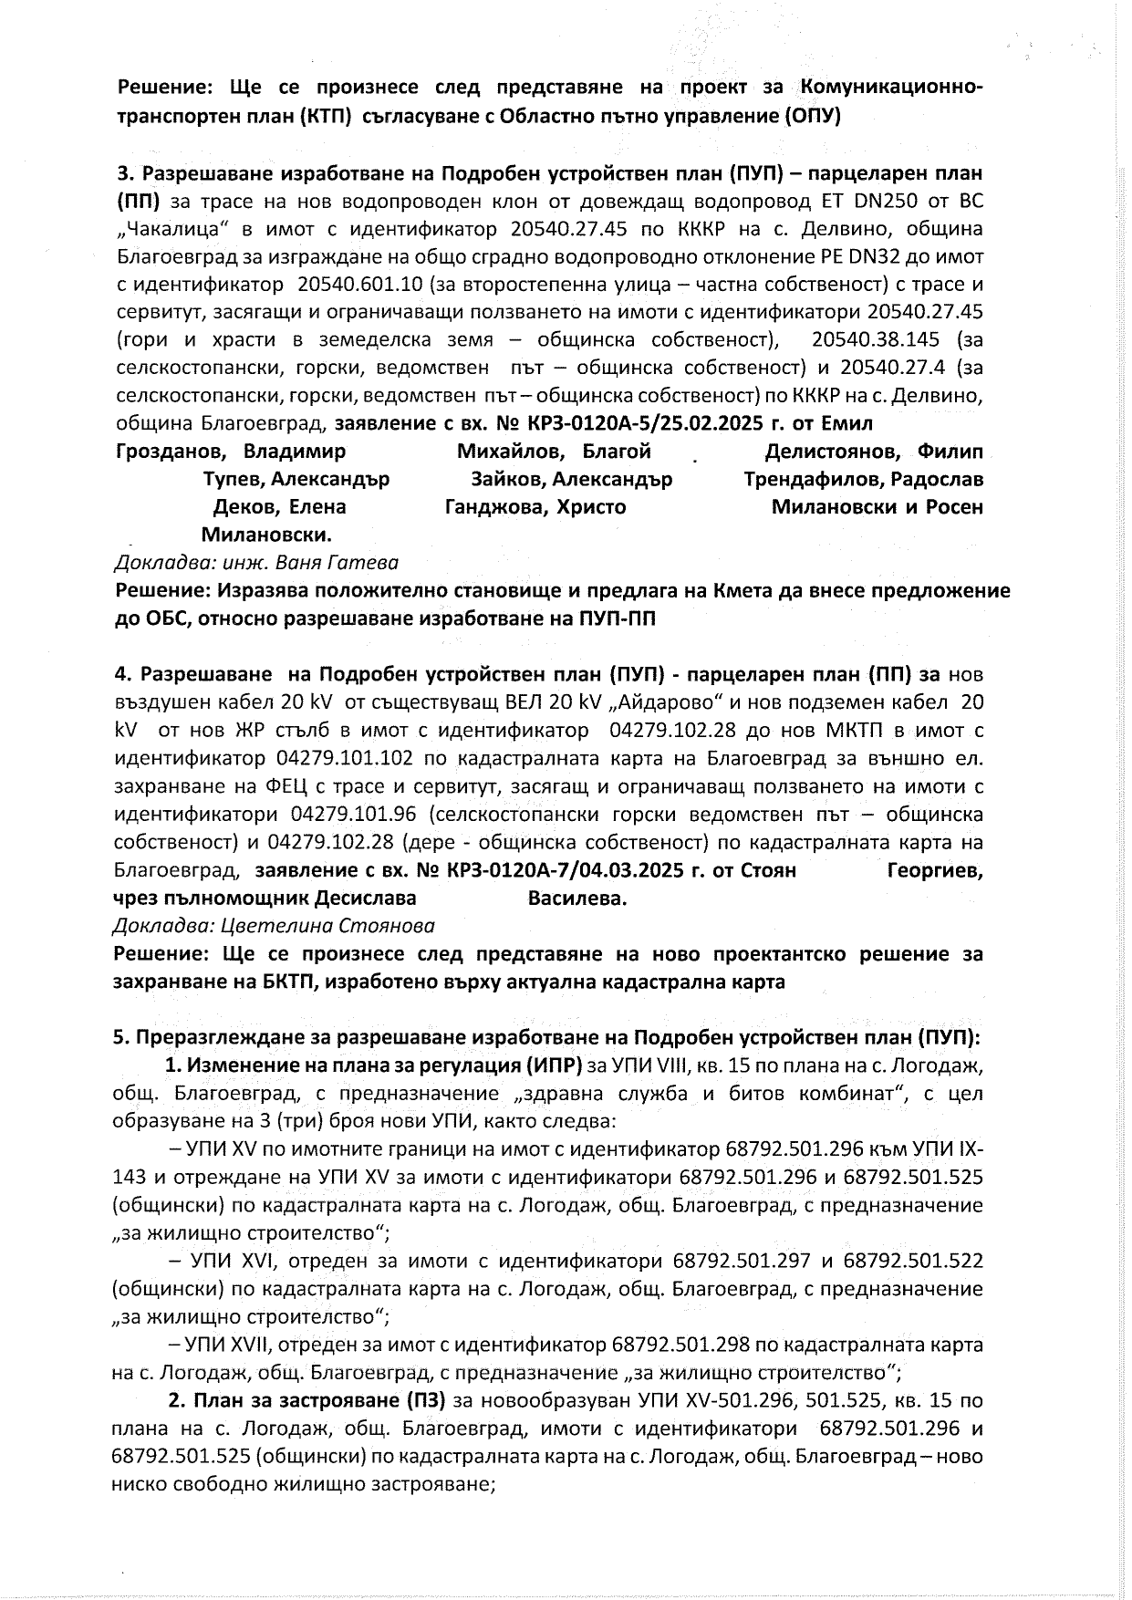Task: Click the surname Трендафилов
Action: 818,480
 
